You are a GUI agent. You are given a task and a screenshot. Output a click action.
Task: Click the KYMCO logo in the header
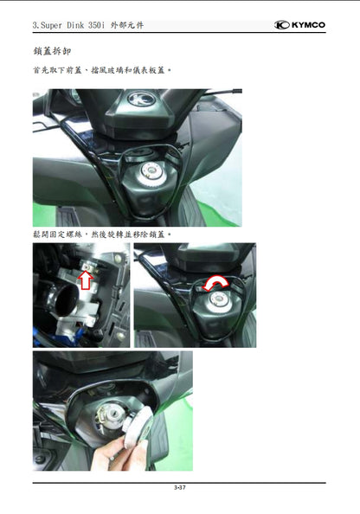pyautogui.click(x=300, y=25)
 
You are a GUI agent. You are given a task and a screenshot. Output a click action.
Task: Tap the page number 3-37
pyautogui.click(x=179, y=489)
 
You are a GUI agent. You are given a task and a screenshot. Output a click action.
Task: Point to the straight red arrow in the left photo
pyautogui.click(x=85, y=278)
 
